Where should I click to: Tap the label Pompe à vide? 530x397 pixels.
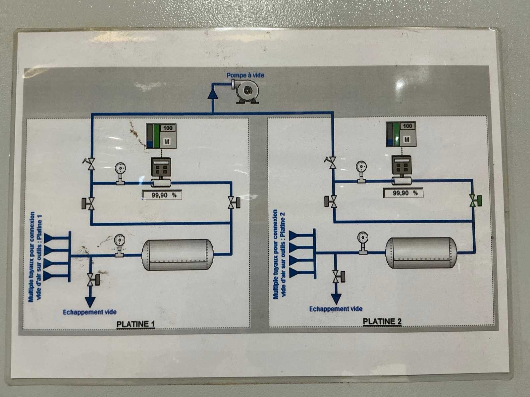(245, 75)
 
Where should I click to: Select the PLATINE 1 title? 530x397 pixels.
(135, 324)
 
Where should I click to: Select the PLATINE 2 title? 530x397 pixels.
(382, 322)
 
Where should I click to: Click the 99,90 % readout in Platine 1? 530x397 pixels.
(162, 195)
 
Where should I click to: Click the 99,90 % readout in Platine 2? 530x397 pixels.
(403, 193)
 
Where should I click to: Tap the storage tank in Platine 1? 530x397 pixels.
(178, 254)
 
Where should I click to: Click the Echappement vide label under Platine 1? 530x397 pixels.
(90, 312)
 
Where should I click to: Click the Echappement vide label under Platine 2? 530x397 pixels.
(336, 309)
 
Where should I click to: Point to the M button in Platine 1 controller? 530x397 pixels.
(167, 142)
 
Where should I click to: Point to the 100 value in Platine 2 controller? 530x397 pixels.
(407, 126)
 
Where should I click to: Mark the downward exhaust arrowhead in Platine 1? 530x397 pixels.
(90, 302)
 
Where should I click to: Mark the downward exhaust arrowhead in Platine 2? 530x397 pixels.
(336, 299)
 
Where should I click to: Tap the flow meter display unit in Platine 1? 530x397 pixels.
(161, 167)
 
